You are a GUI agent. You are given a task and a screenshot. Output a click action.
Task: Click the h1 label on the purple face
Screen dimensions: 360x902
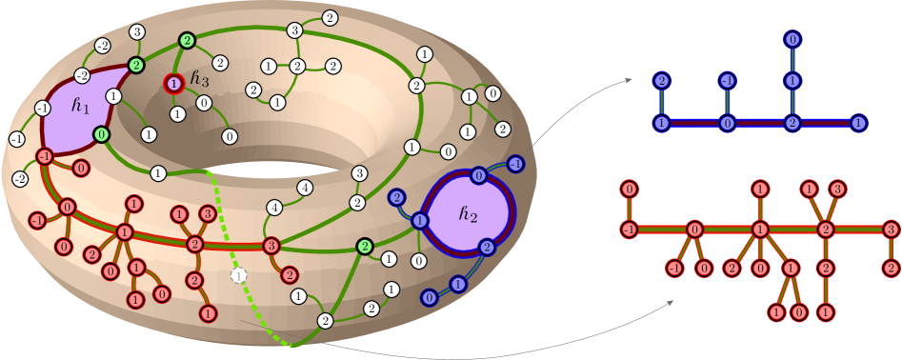[x=80, y=107]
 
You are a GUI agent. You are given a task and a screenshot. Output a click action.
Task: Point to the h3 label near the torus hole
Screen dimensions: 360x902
[x=200, y=78]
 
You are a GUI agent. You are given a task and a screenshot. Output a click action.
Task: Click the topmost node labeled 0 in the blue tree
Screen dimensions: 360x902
[x=792, y=40]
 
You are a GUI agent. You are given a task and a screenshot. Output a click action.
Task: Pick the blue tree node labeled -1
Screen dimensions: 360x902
[x=727, y=81]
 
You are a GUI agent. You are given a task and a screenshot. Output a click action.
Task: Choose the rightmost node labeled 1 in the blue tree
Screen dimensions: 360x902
[x=858, y=123]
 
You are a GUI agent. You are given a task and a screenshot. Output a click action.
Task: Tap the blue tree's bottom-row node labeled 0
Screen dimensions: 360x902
[x=727, y=123]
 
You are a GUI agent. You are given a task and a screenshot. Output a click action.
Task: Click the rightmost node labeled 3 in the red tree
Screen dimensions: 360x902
[x=890, y=230]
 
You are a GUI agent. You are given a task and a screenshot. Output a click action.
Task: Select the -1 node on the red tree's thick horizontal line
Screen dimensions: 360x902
[x=630, y=230]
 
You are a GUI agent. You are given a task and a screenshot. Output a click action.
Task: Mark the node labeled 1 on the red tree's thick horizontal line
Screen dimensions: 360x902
[x=759, y=230]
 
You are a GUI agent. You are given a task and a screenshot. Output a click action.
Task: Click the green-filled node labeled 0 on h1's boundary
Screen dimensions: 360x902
[x=101, y=135]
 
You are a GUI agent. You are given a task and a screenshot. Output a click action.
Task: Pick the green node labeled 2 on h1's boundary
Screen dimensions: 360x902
[x=136, y=65]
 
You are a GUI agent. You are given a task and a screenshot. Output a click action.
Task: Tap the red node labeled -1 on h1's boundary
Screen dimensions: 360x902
[x=44, y=156]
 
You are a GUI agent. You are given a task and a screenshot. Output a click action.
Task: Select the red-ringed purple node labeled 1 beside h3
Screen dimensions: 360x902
[x=173, y=84]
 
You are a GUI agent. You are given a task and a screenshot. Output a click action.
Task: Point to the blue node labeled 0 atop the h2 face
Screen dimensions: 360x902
[x=478, y=176]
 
